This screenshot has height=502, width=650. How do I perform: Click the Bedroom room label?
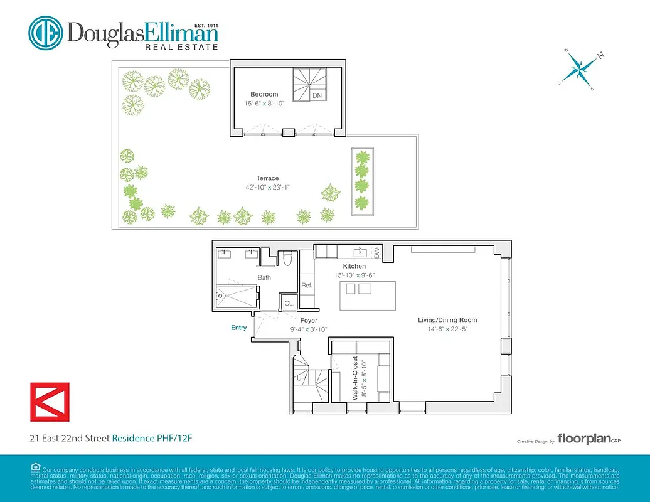pos(264,95)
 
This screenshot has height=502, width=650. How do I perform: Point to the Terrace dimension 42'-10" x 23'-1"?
pos(267,187)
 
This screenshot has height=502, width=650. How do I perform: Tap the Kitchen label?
pos(354,266)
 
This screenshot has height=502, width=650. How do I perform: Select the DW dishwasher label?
pos(377,252)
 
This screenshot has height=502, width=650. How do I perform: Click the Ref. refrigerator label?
pos(307,286)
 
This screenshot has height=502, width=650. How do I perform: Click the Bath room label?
pos(264,277)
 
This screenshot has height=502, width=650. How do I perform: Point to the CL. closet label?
pos(289,302)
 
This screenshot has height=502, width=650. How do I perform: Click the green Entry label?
pos(238,328)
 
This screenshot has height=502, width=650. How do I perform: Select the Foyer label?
pos(308,321)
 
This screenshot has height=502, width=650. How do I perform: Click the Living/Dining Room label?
pos(443,320)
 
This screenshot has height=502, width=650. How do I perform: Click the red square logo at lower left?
pos(50,402)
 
